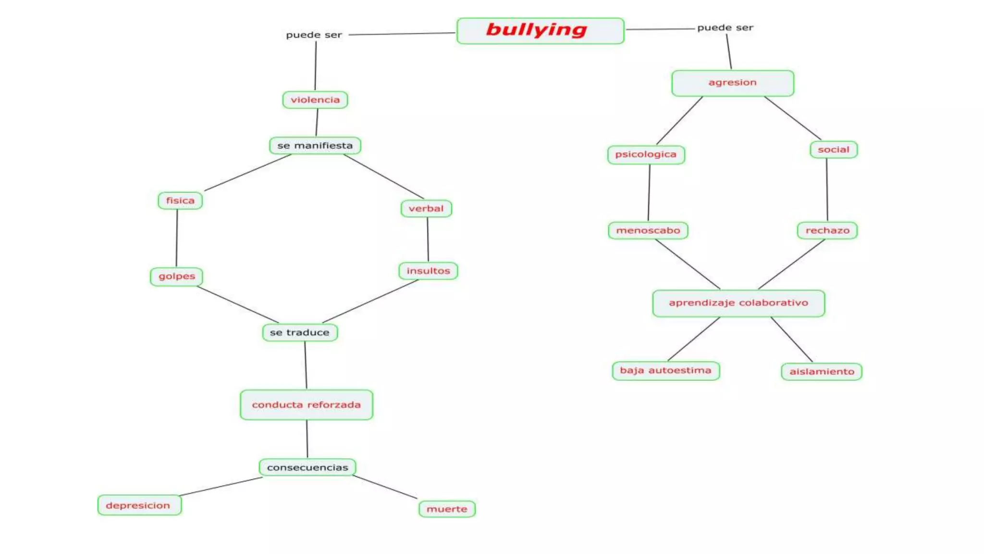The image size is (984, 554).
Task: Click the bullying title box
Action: [540, 31]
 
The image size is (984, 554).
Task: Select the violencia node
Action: [315, 100]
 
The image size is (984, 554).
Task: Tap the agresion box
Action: [732, 83]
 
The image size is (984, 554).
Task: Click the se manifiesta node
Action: [315, 146]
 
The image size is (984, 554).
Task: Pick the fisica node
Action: [180, 201]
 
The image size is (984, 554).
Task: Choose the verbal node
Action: [426, 209]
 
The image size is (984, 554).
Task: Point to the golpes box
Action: [177, 277]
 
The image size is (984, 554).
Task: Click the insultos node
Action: [428, 271]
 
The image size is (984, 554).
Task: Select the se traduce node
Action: [300, 332]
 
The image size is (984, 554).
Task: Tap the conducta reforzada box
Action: [307, 405]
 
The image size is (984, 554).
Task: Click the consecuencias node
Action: [307, 467]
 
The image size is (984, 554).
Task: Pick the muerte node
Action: [447, 509]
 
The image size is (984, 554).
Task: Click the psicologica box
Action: [646, 155]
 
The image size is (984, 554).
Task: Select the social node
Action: [834, 150]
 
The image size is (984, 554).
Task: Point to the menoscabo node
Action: [648, 230]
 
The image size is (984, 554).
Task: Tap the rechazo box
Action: [827, 230]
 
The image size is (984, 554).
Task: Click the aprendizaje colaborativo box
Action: [738, 303]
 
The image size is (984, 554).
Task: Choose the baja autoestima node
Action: [665, 371]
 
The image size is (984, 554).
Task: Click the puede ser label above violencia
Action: [314, 35]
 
